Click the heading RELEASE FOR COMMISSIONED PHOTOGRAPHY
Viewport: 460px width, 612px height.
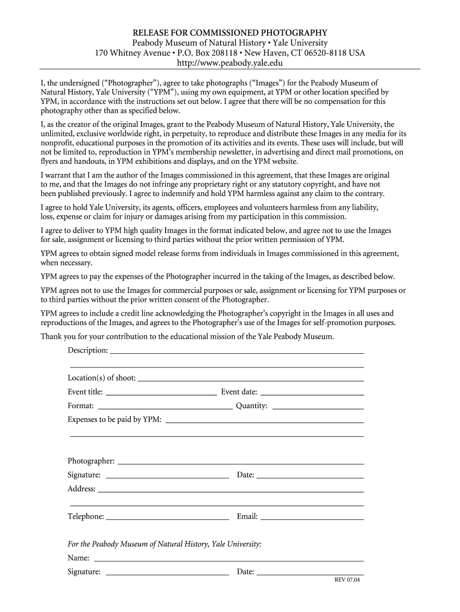[x=230, y=32]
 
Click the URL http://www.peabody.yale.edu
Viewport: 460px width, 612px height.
[x=230, y=63]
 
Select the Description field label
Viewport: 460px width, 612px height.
[x=88, y=350]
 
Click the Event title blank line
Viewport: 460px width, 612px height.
[x=161, y=394]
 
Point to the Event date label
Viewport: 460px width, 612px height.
[x=239, y=392]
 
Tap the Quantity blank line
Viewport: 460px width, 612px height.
[x=318, y=408]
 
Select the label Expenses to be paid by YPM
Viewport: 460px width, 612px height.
[x=115, y=420]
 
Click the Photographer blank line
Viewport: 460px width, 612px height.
[x=241, y=463]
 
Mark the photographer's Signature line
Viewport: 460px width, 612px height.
[x=167, y=478]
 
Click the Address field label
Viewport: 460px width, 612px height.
[x=82, y=489]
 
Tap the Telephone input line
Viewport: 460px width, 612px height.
[x=167, y=519]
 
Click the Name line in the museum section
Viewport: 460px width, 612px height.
[x=229, y=561]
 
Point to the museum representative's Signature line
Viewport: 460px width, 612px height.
[x=167, y=574]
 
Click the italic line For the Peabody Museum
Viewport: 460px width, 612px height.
[x=164, y=544]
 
